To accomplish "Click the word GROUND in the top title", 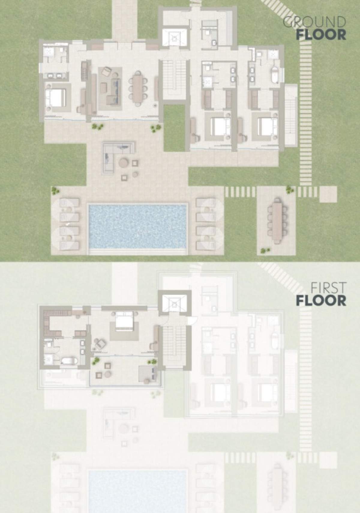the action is coord(314,22).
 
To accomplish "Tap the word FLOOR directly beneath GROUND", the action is coord(321,34).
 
